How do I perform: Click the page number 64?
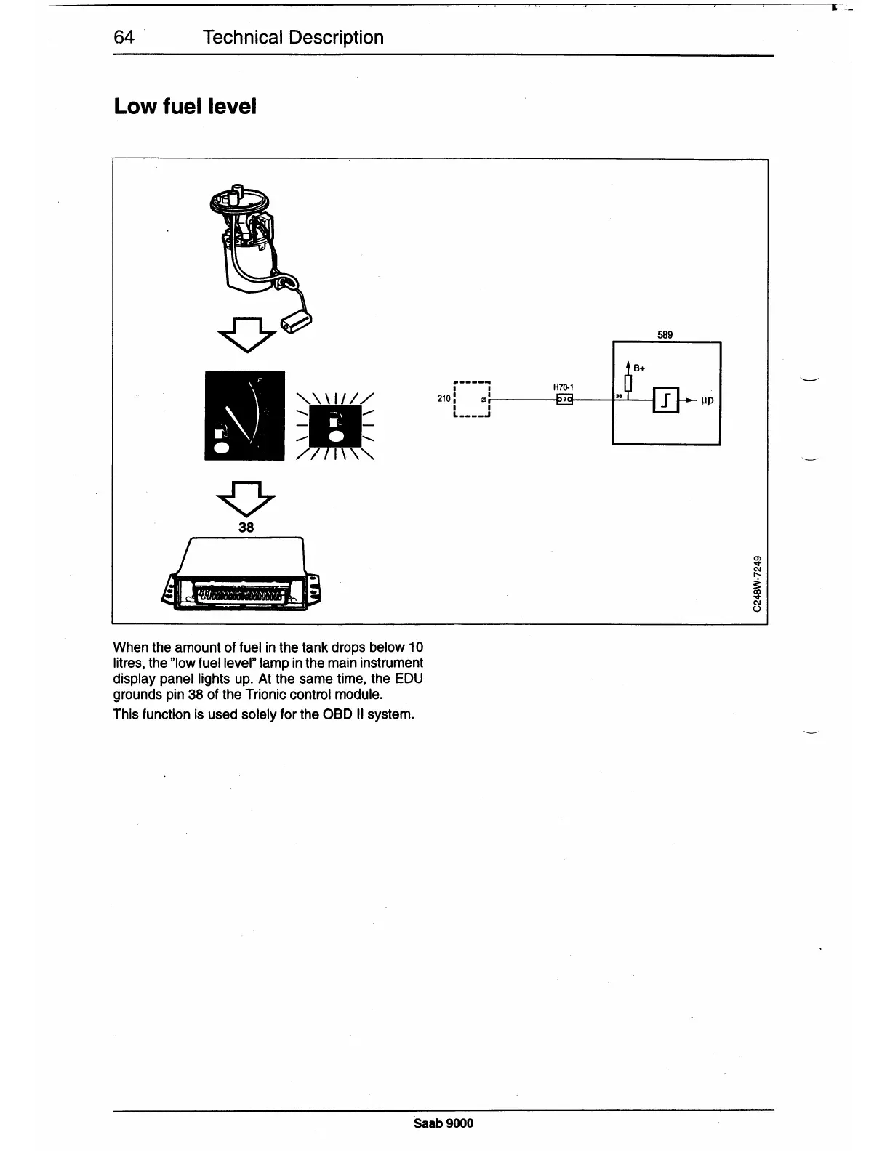click(x=124, y=37)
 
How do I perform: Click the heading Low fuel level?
click(x=185, y=107)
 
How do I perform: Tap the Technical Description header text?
click(x=293, y=37)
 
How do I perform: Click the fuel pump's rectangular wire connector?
click(x=297, y=321)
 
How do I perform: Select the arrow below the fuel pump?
click(x=246, y=335)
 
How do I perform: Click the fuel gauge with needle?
click(x=244, y=415)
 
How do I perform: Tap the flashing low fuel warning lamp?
click(x=335, y=426)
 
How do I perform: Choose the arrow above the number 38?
click(x=246, y=498)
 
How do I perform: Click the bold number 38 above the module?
click(x=246, y=528)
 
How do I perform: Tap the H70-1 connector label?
click(x=564, y=388)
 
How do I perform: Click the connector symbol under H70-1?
click(x=564, y=400)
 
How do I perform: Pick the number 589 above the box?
click(x=665, y=335)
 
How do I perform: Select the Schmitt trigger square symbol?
click(x=667, y=400)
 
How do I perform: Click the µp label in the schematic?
click(x=707, y=400)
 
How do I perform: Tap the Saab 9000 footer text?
click(x=444, y=1123)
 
